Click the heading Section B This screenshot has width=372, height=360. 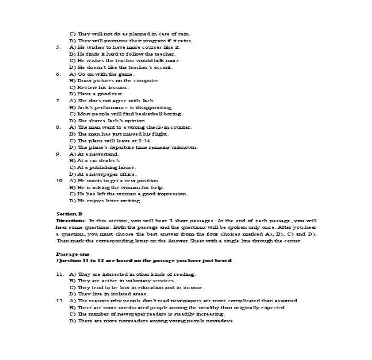point(69,214)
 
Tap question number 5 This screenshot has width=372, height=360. point(59,47)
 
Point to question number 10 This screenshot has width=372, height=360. point(60,180)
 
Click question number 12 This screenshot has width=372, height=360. point(60,301)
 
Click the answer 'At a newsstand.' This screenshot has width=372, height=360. point(94,154)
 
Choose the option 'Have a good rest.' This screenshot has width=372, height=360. point(96,94)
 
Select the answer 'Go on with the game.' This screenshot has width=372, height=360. point(102,74)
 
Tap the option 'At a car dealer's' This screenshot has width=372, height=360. point(94,160)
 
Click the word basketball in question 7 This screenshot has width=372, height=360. point(145,114)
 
